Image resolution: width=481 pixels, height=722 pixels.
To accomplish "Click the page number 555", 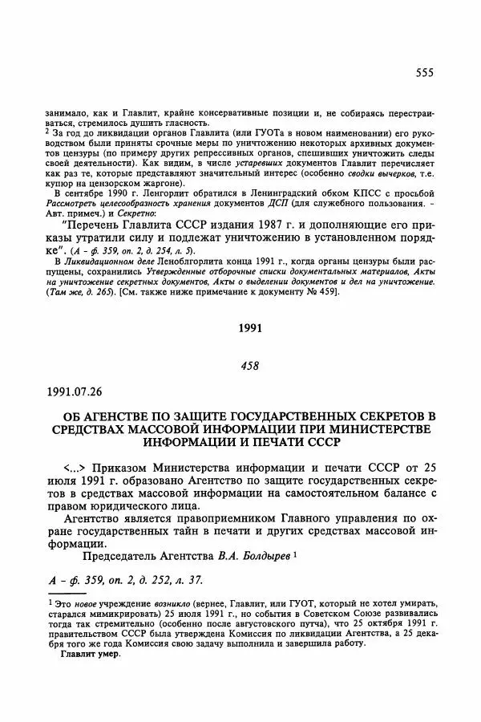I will (424, 73).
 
